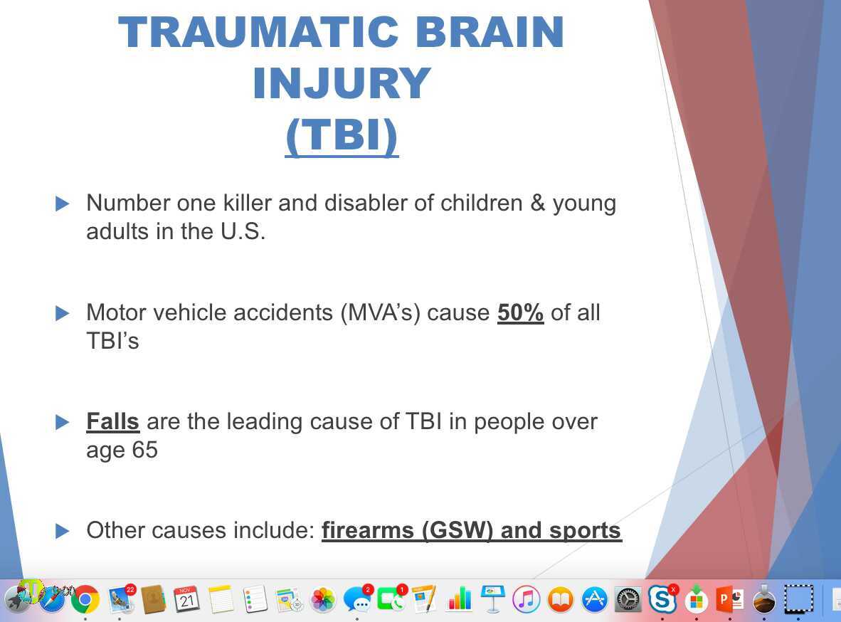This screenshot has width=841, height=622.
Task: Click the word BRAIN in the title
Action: pos(489,33)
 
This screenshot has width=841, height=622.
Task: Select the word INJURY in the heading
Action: pos(342,83)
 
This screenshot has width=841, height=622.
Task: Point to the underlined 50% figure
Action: pos(520,312)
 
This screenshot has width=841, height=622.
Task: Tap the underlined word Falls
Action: pos(112,421)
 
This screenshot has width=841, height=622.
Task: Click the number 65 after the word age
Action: pos(145,450)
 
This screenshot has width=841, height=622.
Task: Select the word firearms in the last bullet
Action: pos(368,530)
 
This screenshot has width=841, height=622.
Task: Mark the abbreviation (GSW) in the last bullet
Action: pos(457,530)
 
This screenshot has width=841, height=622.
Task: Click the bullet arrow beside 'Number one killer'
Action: pos(62,204)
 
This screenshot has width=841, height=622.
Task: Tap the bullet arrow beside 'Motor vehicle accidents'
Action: pos(62,313)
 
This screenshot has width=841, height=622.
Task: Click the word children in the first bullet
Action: pos(481,203)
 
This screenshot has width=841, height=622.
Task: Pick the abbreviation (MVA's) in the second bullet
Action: pos(380,312)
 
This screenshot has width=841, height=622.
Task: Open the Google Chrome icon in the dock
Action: pos(85,599)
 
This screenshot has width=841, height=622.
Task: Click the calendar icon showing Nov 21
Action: pos(186,599)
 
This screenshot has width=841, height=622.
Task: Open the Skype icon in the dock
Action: pos(662,599)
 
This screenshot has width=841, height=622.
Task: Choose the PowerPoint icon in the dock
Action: pos(729,599)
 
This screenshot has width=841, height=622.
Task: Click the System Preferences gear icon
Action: pos(628,599)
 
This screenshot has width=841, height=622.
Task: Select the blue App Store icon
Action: pos(594,599)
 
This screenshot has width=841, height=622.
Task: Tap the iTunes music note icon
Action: pos(527,599)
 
